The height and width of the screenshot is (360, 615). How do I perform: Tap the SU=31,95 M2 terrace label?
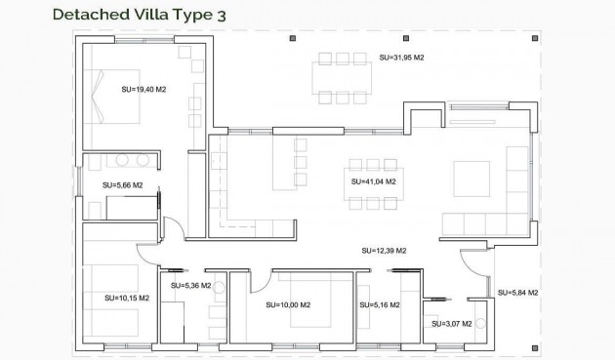pyautogui.click(x=400, y=60)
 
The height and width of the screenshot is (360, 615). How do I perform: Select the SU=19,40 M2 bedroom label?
pyautogui.click(x=143, y=89)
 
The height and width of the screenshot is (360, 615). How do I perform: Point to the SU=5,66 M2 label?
pyautogui.click(x=123, y=184)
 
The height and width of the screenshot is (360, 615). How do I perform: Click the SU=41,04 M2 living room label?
pyautogui.click(x=373, y=181)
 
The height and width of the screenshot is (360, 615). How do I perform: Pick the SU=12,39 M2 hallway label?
pyautogui.click(x=384, y=251)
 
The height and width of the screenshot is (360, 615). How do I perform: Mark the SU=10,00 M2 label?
pyautogui.click(x=288, y=304)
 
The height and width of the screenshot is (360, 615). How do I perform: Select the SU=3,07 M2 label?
pyautogui.click(x=451, y=323)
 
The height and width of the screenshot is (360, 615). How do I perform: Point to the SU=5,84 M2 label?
pyautogui.click(x=517, y=293)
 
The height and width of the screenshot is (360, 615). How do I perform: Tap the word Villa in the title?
pyautogui.click(x=162, y=14)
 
